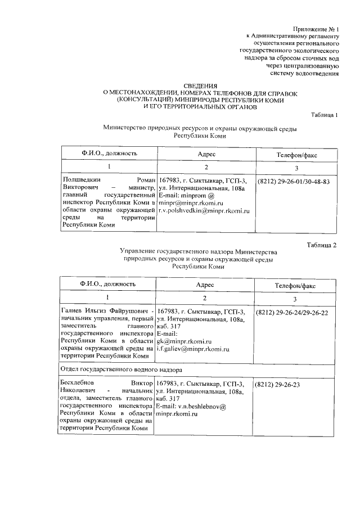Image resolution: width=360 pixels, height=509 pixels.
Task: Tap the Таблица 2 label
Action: [322, 245]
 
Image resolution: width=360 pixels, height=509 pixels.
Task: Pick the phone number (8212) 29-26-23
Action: [277, 384]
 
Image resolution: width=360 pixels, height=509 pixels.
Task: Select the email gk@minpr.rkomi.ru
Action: [184, 341]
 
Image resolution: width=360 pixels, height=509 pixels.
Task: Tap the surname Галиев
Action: [74, 312]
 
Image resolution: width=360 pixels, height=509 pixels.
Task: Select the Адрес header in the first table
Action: [206, 154]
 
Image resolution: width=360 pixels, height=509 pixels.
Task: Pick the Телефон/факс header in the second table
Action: [295, 286]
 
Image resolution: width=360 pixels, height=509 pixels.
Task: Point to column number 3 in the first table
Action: [296, 168]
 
